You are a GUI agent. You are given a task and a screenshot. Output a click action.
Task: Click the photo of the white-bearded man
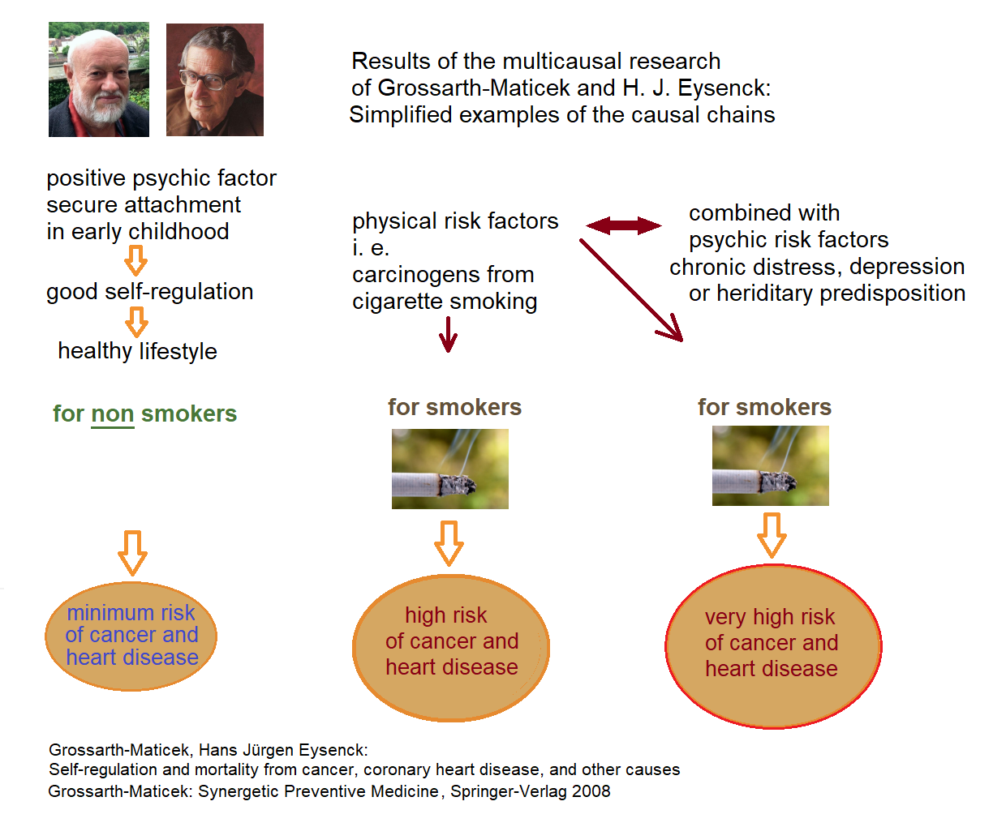click(x=99, y=79)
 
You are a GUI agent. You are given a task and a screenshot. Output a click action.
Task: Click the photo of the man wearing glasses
click(x=215, y=79)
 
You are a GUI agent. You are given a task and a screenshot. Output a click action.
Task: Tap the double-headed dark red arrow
click(x=624, y=225)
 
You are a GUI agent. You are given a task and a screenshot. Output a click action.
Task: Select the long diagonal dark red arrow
click(x=631, y=289)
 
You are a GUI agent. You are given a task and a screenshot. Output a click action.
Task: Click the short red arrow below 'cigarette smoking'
click(x=448, y=334)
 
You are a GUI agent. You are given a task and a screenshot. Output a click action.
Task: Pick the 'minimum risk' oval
click(x=131, y=636)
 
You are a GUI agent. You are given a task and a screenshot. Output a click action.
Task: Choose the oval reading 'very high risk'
click(x=772, y=646)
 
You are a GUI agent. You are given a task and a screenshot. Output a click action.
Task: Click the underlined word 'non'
click(x=113, y=414)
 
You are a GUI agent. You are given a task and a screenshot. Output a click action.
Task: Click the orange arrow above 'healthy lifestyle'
click(x=136, y=322)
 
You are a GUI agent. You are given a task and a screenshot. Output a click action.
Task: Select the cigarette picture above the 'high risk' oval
click(x=450, y=469)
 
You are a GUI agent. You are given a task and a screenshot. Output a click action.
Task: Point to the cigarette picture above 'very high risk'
click(x=771, y=466)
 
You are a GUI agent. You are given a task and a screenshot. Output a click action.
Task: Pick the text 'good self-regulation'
click(x=150, y=292)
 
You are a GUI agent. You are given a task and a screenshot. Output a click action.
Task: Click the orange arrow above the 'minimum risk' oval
click(x=132, y=553)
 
